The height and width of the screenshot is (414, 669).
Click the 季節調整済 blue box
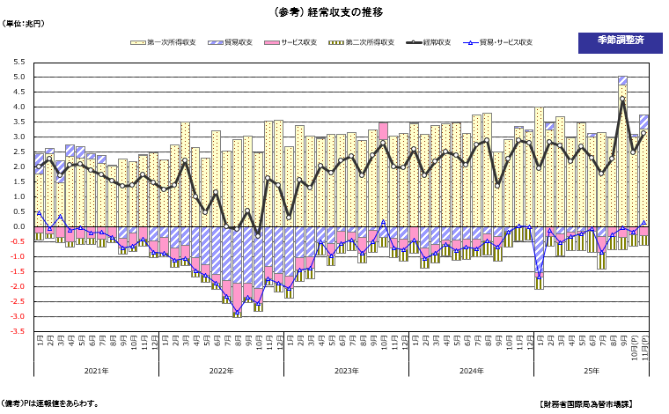tap(620, 41)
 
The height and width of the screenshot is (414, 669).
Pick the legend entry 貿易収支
tap(232, 42)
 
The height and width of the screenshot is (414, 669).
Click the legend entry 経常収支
tap(436, 42)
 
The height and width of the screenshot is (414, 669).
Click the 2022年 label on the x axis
tap(221, 371)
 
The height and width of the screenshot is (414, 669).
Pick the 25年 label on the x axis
tap(591, 371)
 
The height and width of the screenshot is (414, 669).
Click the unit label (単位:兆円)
tap(25, 24)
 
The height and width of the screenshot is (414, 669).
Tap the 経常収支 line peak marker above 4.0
tap(622, 100)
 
